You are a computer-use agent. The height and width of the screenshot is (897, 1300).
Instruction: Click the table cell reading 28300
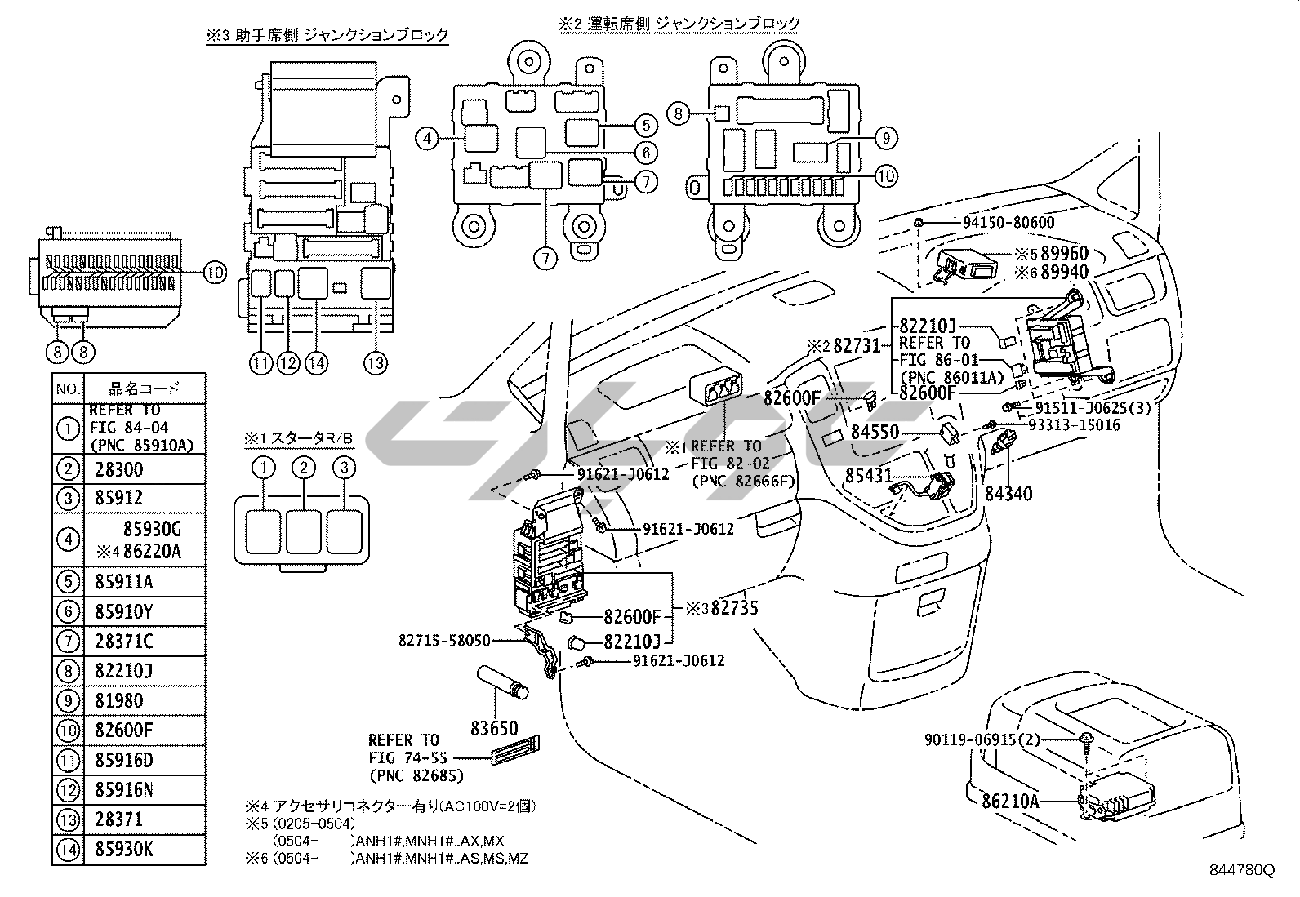click(119, 469)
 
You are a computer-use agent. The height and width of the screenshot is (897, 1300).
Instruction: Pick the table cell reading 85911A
click(124, 582)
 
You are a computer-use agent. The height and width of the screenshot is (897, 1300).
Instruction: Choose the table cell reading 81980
click(119, 700)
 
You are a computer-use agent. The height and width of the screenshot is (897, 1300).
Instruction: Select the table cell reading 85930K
click(124, 850)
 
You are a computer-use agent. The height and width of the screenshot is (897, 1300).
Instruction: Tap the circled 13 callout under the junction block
click(375, 364)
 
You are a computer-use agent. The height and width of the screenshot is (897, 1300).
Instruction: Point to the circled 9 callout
click(886, 139)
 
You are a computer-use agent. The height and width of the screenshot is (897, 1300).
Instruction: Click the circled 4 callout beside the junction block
click(427, 139)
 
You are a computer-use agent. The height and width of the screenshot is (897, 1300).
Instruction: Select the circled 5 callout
click(645, 126)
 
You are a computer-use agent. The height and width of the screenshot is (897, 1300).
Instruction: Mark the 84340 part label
click(1008, 494)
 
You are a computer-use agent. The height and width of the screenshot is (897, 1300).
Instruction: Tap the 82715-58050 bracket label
click(445, 642)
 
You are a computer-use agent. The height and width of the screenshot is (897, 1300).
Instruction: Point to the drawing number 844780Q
click(1242, 870)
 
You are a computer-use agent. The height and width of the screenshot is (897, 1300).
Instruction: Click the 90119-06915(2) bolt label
click(983, 739)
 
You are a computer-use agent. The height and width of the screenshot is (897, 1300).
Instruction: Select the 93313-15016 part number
click(1074, 425)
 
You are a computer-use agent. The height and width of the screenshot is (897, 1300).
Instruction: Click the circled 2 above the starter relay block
click(304, 468)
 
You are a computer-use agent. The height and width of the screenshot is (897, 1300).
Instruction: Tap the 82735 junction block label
click(734, 607)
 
